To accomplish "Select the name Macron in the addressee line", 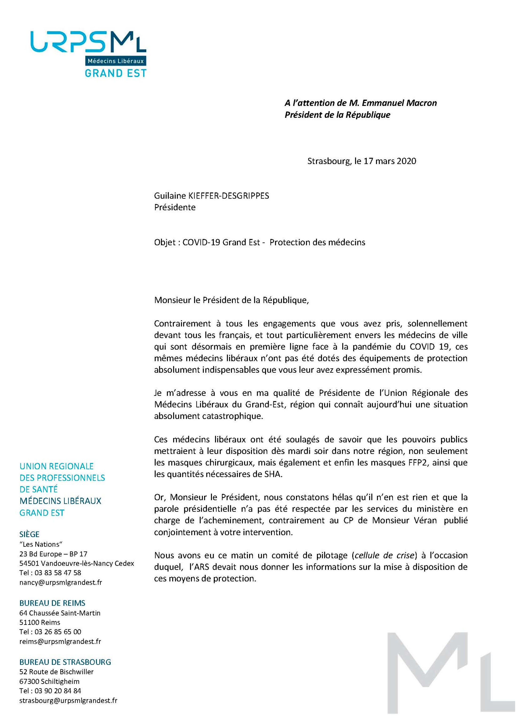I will [x=420, y=103].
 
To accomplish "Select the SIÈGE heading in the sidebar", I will [x=30, y=534].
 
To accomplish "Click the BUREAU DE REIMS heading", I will [x=53, y=603].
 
